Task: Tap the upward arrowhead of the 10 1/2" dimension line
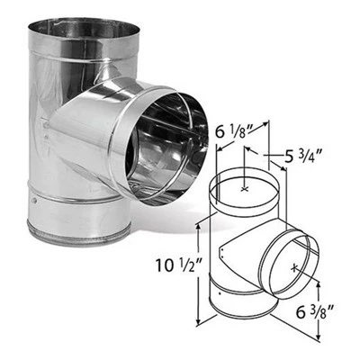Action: coord(198,223)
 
